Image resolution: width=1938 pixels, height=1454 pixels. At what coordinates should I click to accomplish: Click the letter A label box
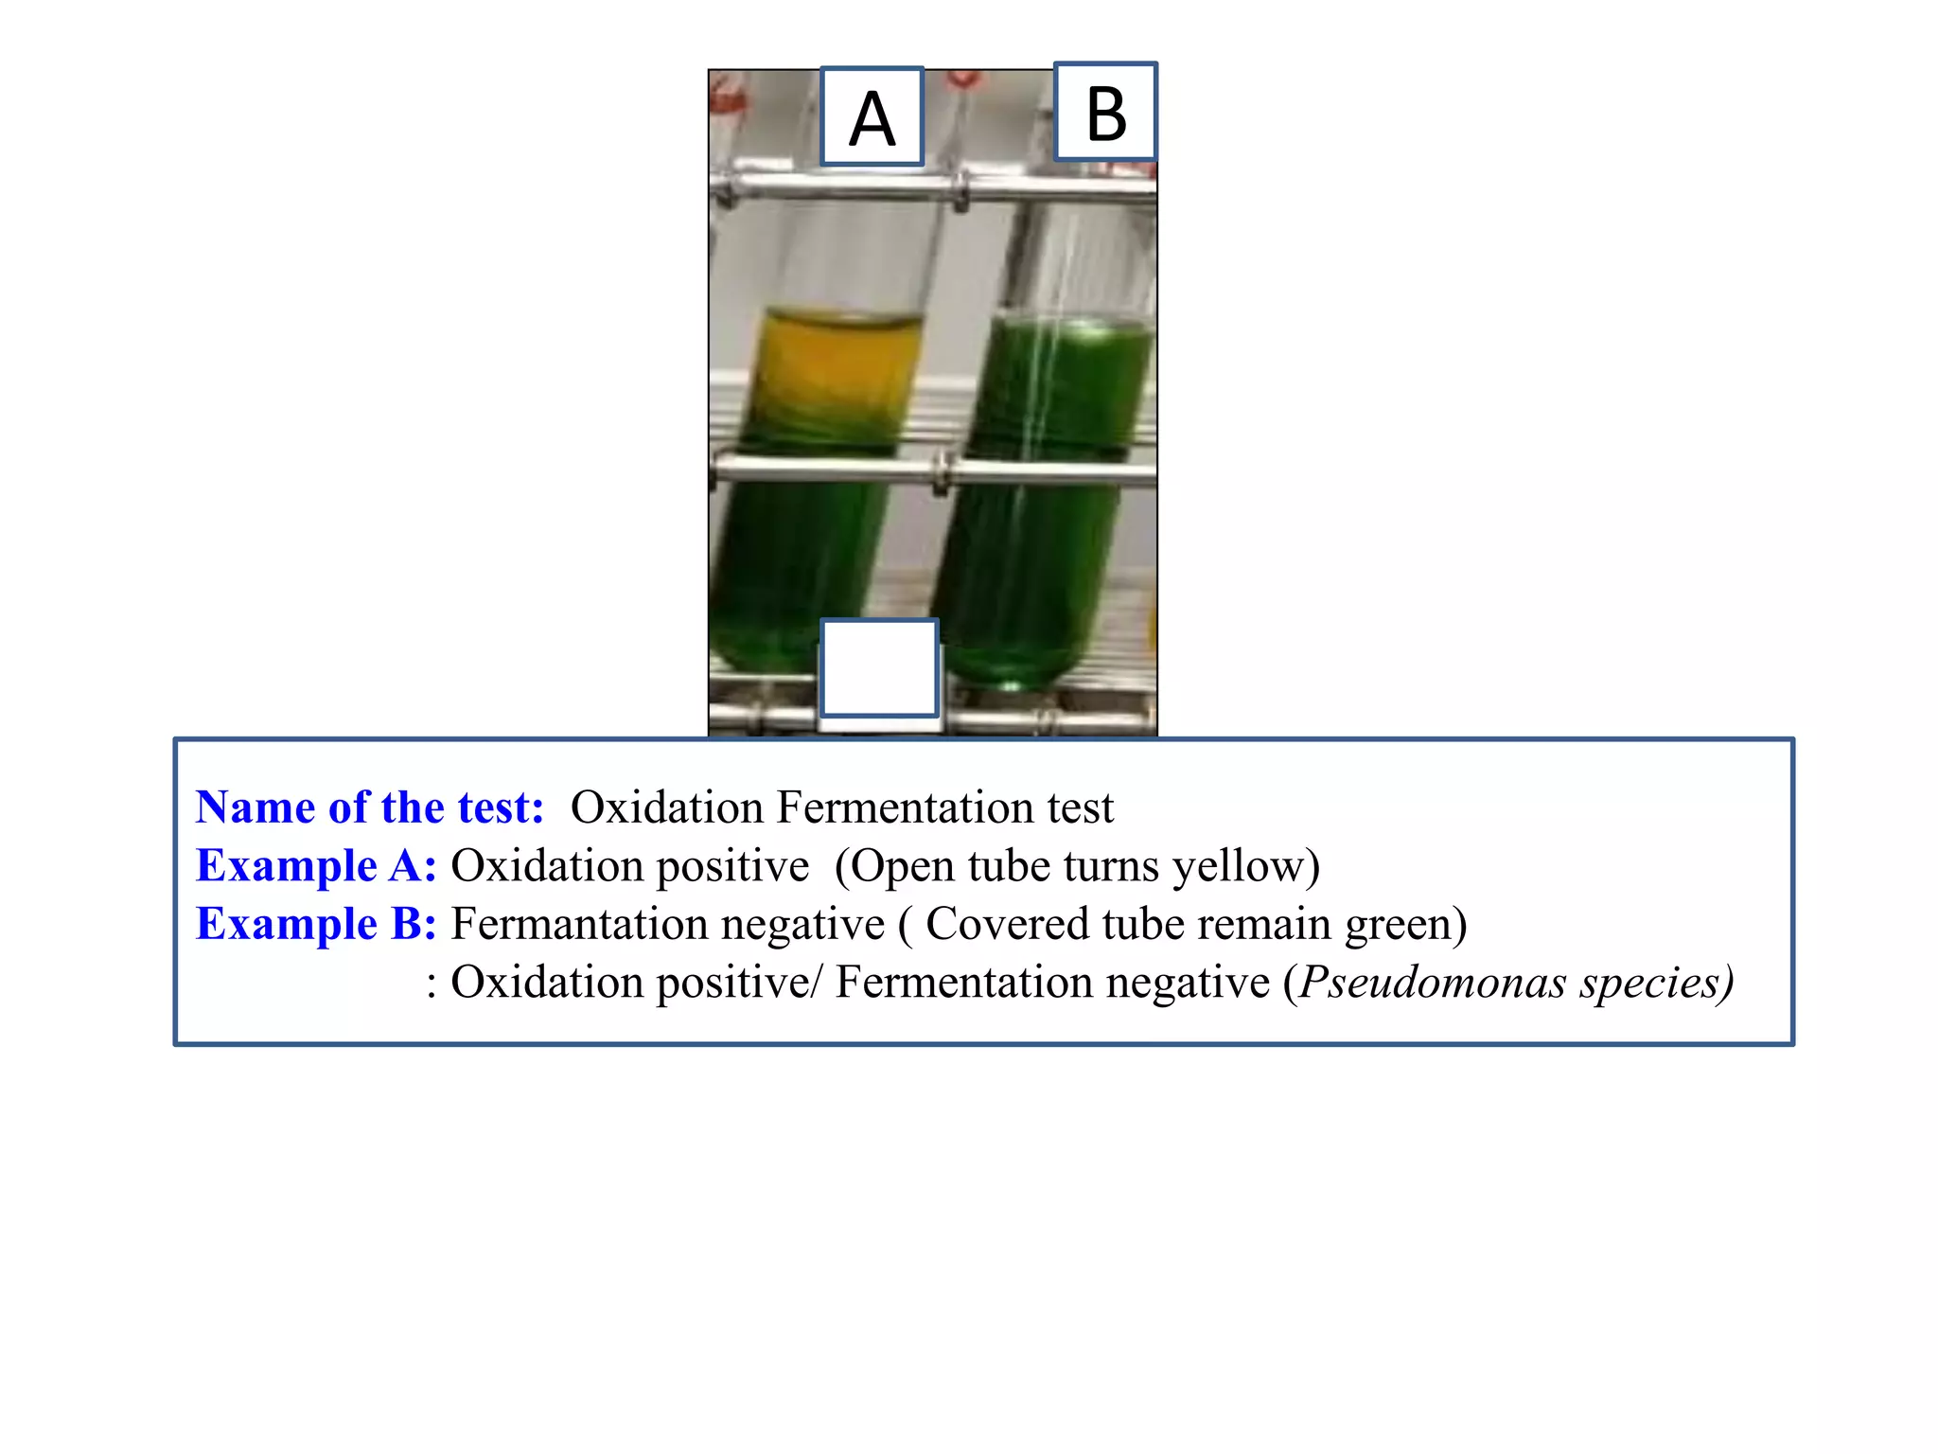(x=872, y=116)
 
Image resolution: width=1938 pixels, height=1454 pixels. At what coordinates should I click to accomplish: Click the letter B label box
(x=1105, y=112)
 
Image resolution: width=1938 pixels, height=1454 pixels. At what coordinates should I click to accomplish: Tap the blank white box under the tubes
(x=879, y=668)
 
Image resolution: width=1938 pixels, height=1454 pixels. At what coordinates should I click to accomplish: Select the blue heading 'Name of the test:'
(x=370, y=807)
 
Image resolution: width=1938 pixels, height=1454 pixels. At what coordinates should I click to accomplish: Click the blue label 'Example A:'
(x=316, y=866)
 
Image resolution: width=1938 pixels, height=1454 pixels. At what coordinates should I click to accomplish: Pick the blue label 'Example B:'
(x=316, y=924)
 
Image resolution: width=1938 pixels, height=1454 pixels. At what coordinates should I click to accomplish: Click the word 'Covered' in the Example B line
(x=1006, y=924)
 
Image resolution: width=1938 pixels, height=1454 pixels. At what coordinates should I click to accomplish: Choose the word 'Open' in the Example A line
(x=896, y=867)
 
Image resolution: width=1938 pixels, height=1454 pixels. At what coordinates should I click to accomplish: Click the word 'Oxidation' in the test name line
(x=667, y=807)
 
